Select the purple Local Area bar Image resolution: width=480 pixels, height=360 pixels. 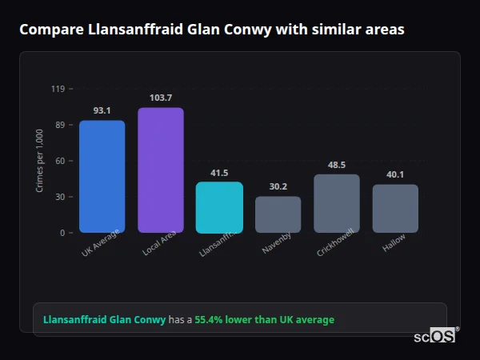point(161,170)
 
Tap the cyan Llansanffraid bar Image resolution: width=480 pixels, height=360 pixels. point(219,207)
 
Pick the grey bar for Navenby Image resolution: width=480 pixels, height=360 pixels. point(278,214)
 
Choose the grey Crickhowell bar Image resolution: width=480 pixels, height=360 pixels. point(337,203)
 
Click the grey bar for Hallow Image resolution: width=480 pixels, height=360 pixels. point(395,208)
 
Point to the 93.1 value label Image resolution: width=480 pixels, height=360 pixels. point(102,110)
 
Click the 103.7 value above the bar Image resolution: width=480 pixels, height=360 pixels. point(161,98)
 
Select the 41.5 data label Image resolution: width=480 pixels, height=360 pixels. point(219,173)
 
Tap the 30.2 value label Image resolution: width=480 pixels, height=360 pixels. point(278,186)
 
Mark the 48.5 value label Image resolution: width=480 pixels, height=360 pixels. point(337,165)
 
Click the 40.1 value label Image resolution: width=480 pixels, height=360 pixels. point(395,174)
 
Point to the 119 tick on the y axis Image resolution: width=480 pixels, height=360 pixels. point(58,89)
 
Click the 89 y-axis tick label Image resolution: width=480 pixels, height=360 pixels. point(59,125)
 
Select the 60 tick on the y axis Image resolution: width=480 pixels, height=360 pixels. point(59,161)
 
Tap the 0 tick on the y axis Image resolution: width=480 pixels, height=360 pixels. point(62,233)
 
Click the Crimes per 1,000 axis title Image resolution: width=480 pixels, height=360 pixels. point(39,161)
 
